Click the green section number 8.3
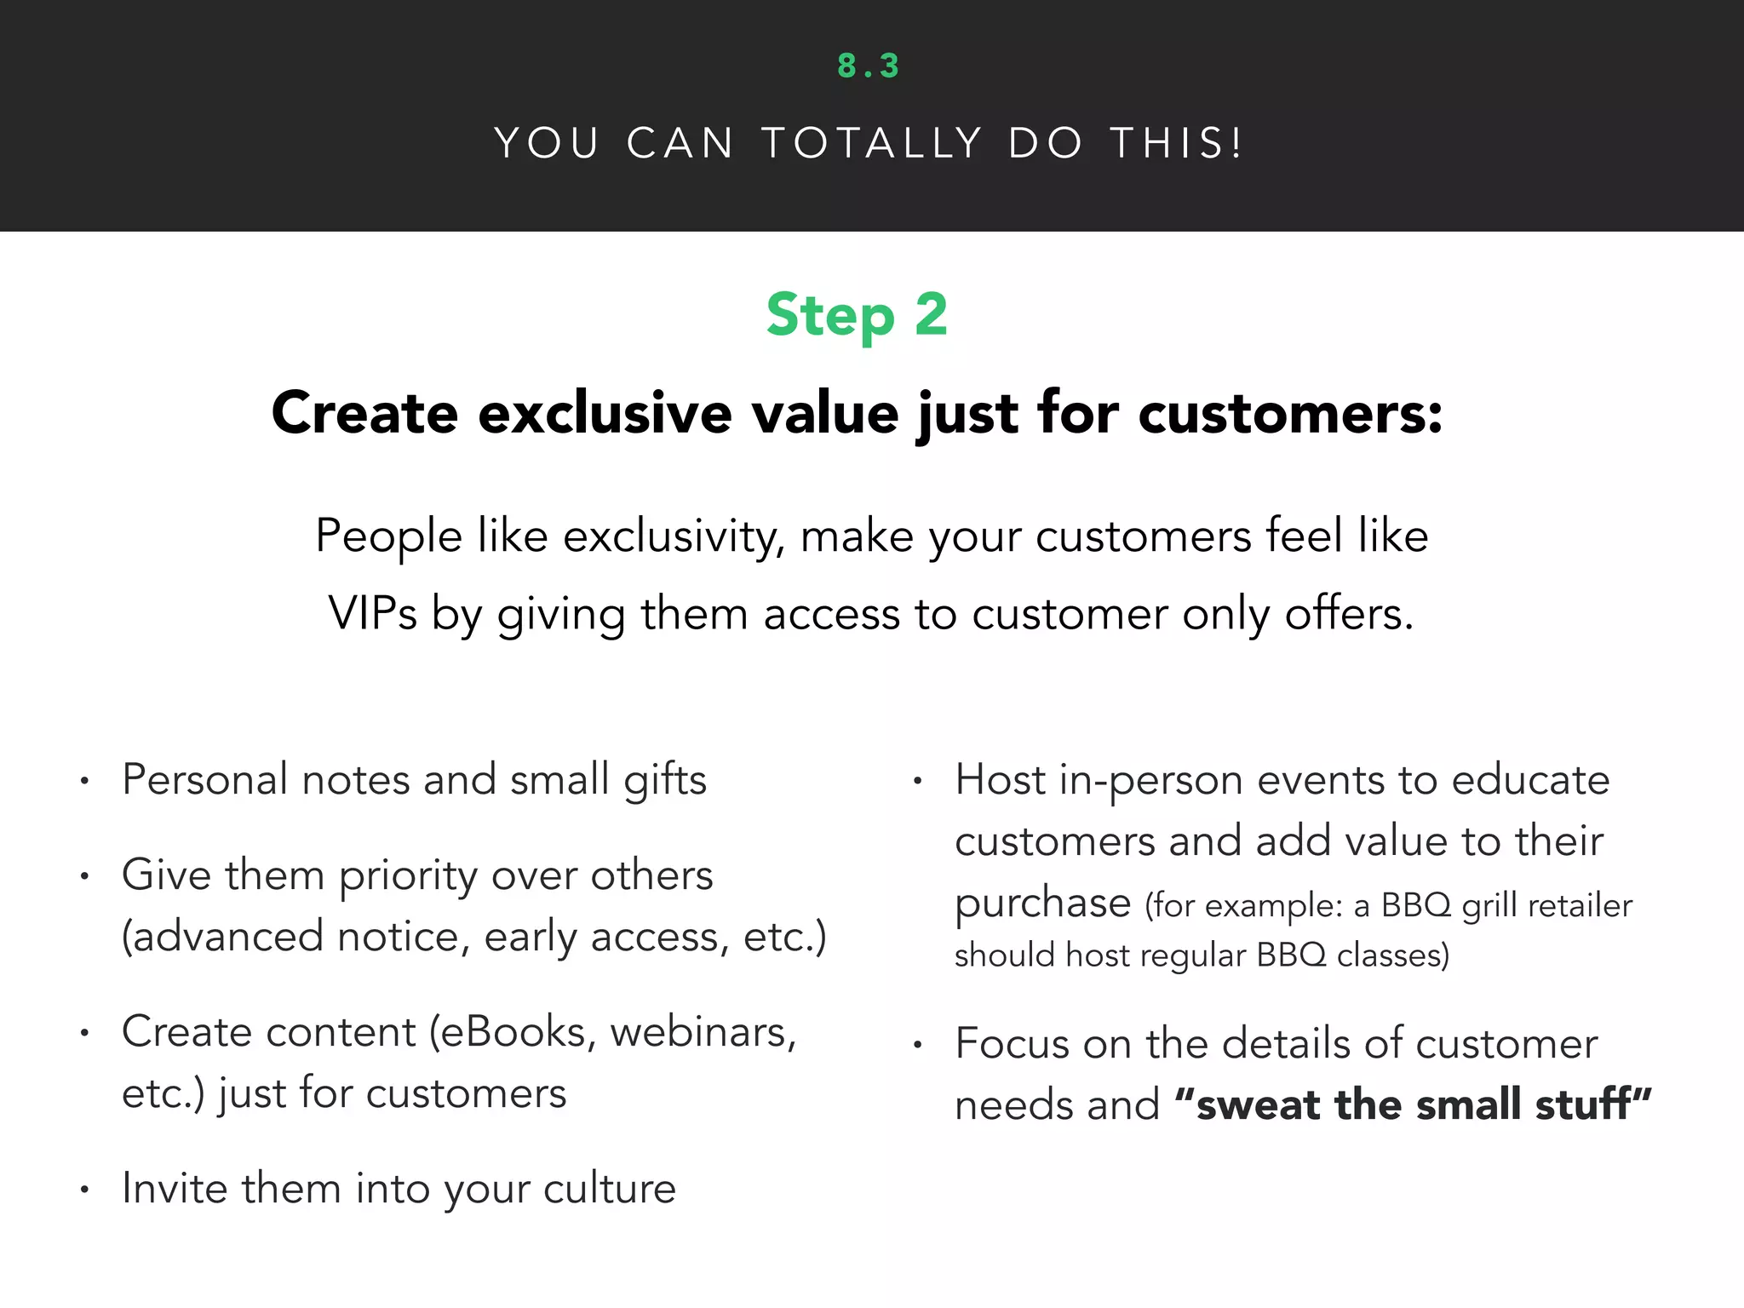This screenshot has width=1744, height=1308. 868,66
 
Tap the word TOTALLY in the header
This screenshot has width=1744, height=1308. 872,143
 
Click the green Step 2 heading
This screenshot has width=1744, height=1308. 857,315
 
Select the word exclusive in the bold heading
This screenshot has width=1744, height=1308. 605,414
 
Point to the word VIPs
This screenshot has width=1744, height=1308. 372,614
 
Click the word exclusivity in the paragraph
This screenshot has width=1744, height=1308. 674,537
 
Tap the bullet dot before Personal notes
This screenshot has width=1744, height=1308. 84,781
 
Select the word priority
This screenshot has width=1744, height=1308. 408,876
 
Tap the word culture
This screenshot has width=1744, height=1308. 610,1189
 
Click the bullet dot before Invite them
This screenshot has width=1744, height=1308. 84,1190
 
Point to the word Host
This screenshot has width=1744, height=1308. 1000,780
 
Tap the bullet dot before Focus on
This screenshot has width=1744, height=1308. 917,1045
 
